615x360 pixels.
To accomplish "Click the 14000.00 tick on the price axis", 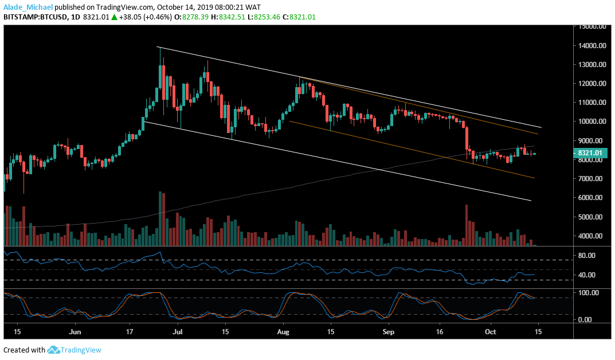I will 592,46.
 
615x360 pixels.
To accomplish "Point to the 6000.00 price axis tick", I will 591,198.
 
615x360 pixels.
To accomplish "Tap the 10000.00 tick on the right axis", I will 592,122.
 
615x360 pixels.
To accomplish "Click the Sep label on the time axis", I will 388,331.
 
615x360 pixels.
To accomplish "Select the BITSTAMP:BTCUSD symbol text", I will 36,17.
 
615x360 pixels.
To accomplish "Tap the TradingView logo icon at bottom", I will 54,350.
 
